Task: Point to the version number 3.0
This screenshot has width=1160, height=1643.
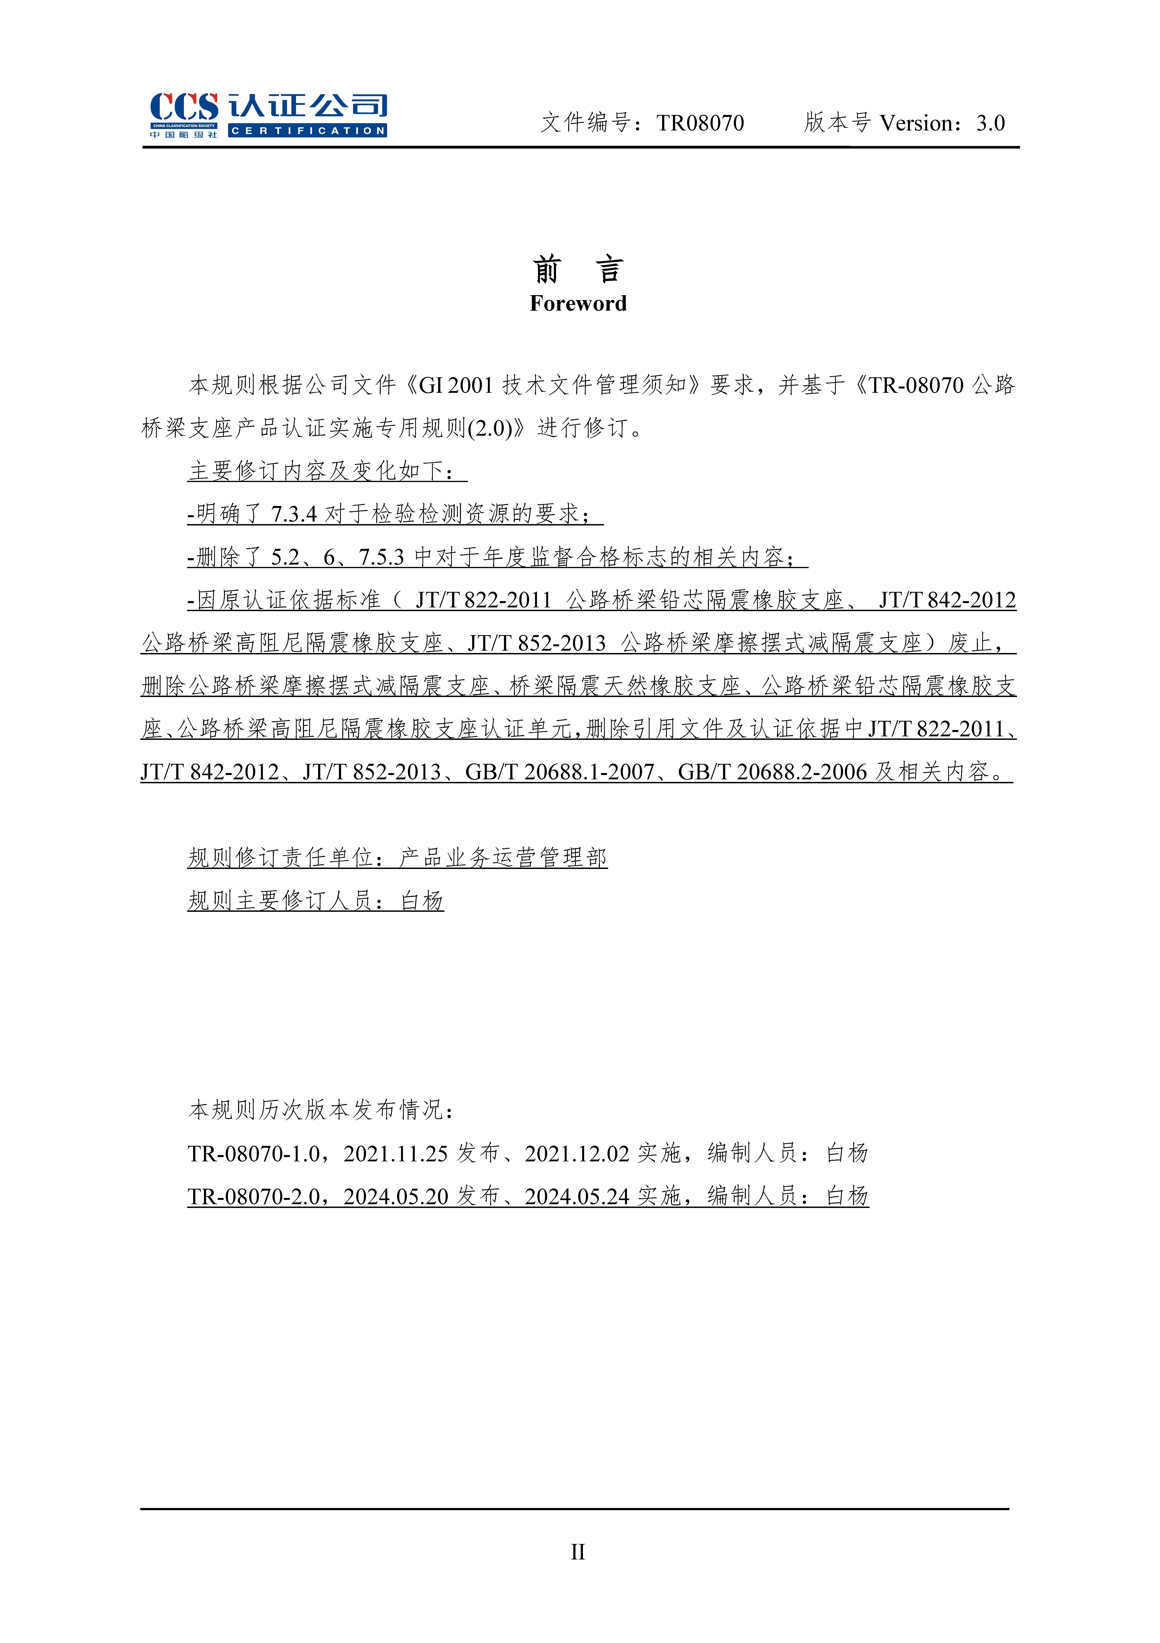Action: [x=990, y=123]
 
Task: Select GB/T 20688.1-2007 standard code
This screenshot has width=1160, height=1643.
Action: [x=560, y=772]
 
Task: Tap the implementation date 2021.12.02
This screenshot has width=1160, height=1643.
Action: [x=577, y=1153]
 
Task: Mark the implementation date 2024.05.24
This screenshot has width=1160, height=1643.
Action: [x=577, y=1197]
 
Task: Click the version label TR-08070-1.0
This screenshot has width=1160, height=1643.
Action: [x=253, y=1153]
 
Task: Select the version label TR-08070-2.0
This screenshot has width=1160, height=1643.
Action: [x=253, y=1197]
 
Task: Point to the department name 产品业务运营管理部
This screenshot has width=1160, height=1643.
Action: [x=503, y=858]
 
